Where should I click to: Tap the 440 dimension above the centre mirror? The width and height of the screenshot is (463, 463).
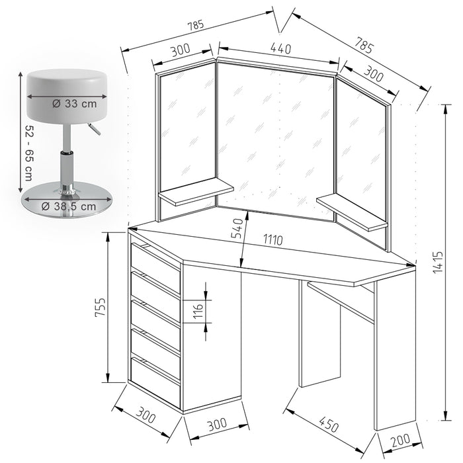[x=280, y=48]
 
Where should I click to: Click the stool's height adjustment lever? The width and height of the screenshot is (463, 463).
[x=93, y=129]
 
